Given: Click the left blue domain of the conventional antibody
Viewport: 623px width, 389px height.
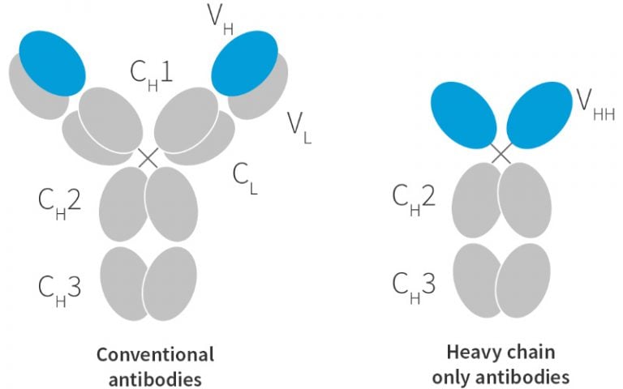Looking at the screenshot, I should click(50, 62).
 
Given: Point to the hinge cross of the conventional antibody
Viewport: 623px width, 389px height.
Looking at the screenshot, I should click(148, 157).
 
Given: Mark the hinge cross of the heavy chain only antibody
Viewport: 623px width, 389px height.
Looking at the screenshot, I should click(501, 152).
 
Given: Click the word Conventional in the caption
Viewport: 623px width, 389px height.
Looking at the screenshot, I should click(156, 354).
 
